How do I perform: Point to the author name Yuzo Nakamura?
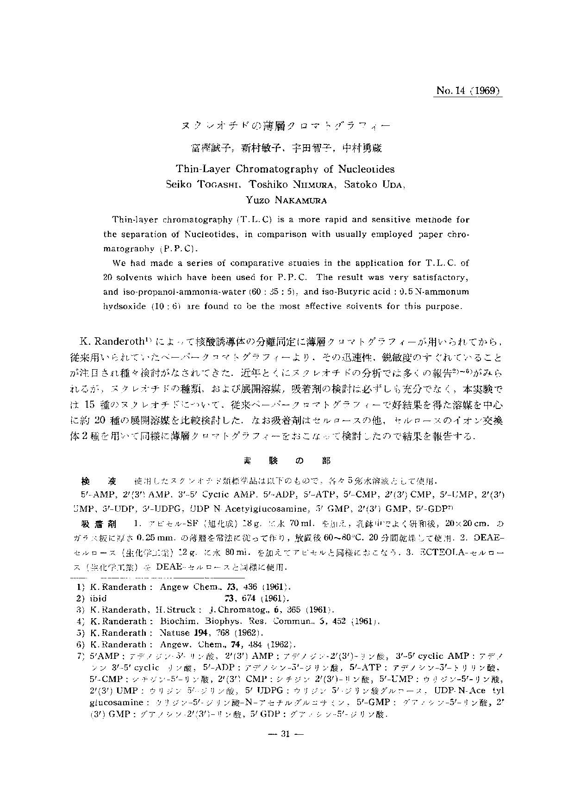pos(286,200)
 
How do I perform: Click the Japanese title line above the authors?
pos(286,125)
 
